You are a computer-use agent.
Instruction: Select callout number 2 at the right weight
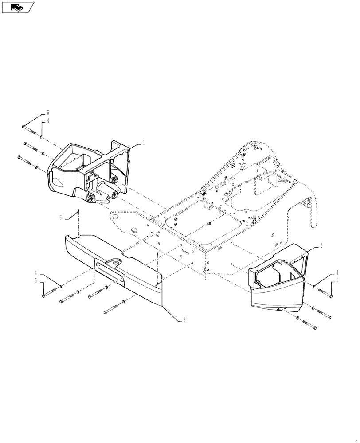coord(321,245)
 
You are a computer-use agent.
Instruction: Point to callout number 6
coord(60,217)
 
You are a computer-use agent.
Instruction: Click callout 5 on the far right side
coord(337,280)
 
